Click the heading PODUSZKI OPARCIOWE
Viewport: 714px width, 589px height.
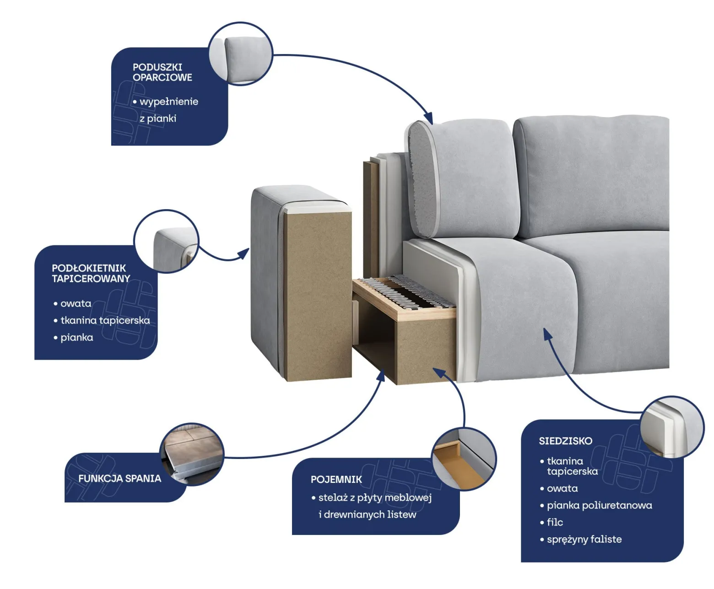[162, 72]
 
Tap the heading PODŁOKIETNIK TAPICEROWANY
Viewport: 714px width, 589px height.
[91, 273]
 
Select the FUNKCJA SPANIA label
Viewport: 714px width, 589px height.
[119, 478]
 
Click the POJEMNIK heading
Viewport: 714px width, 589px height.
[336, 479]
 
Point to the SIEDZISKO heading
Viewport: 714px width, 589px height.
[566, 441]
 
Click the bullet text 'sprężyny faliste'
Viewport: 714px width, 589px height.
[584, 540]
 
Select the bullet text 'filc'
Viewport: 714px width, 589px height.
[555, 522]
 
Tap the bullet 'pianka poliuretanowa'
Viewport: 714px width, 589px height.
[600, 506]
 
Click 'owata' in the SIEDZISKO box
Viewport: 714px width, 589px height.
[562, 488]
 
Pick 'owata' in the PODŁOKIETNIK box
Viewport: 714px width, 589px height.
[76, 303]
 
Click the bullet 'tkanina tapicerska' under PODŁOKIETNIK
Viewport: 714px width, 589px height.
[105, 320]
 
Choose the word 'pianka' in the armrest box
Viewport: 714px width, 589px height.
[77, 338]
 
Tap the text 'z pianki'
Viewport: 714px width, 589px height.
[158, 119]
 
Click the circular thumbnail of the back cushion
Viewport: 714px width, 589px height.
[241, 54]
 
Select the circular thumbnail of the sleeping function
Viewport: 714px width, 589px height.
[192, 454]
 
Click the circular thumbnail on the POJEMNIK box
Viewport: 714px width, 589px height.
[464, 459]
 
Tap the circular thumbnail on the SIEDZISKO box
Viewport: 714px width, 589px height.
[672, 427]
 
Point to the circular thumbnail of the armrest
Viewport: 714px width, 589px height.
[166, 241]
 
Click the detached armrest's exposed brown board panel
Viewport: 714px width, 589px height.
[318, 296]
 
